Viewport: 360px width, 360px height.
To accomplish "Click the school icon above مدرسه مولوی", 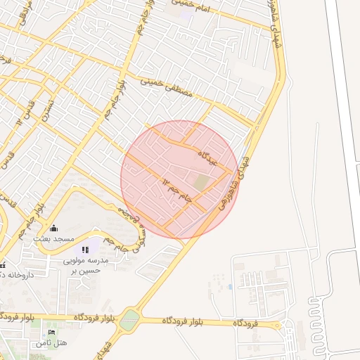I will [86, 250].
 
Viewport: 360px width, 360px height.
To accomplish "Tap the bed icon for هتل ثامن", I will [51, 332].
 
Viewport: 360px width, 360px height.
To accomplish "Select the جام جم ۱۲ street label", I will [179, 188].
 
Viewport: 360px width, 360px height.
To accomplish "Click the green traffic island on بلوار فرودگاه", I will [130, 321].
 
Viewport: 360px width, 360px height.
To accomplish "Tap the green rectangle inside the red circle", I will [202, 182].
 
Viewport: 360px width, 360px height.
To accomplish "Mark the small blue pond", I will [230, 286].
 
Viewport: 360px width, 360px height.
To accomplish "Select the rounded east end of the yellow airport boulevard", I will [279, 325].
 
